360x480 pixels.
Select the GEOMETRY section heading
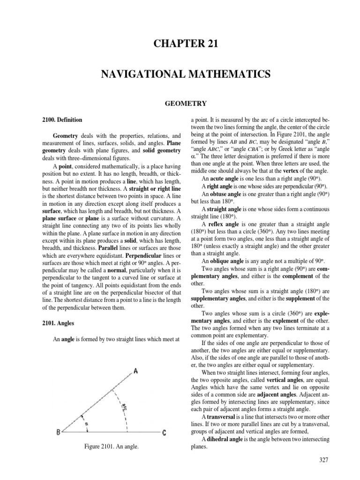click(x=180, y=103)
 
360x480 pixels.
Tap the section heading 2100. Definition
click(x=62, y=120)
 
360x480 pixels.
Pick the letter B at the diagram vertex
click(x=58, y=433)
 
